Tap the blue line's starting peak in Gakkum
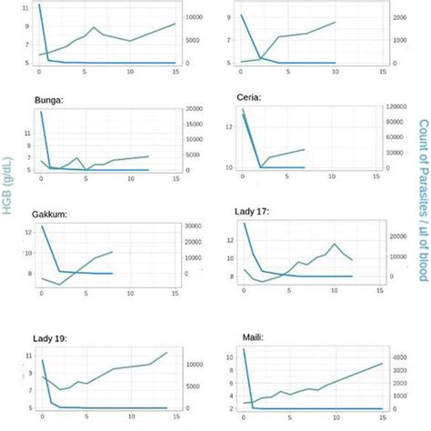[42, 226]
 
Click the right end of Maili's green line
[382, 364]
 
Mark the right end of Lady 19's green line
[167, 353]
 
